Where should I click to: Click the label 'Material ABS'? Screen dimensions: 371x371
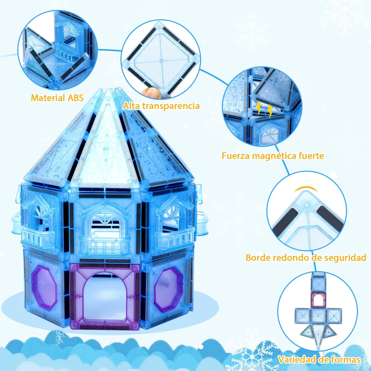pyautogui.click(x=57, y=98)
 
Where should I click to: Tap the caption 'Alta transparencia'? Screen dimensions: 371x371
pyautogui.click(x=161, y=106)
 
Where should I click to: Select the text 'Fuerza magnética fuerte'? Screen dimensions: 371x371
pyautogui.click(x=273, y=155)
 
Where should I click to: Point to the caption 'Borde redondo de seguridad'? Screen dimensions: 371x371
pyautogui.click(x=306, y=257)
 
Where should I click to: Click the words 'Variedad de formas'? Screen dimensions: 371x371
pyautogui.click(x=319, y=360)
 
